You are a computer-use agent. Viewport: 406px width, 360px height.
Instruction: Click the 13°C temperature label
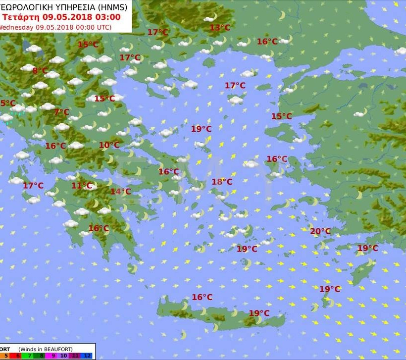point(220,28)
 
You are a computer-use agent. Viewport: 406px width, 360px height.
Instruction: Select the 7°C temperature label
point(61,112)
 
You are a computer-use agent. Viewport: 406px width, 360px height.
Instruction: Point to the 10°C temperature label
point(109,145)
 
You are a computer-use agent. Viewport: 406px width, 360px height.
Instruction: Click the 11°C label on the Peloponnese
point(82,186)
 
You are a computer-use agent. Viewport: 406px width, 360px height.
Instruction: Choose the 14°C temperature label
point(120,192)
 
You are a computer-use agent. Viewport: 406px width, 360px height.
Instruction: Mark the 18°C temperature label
point(222,182)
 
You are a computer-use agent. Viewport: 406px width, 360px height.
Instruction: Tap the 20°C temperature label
point(320,231)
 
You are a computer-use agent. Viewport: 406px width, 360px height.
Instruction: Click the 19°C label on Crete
point(259,313)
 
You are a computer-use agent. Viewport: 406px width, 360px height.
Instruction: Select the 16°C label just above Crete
point(202,297)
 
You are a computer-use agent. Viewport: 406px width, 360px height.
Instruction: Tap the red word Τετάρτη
point(20,17)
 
